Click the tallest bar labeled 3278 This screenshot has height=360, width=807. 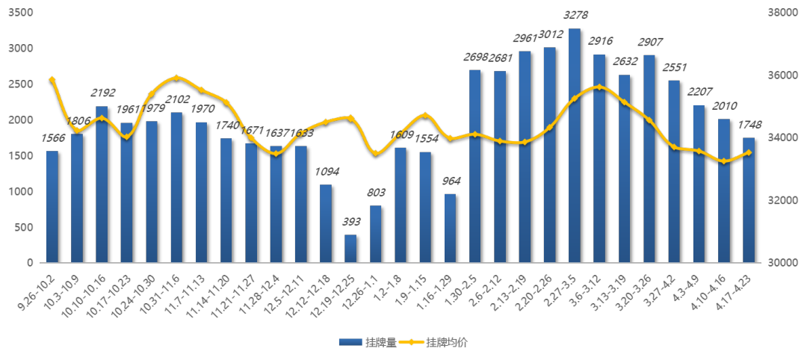coord(575,146)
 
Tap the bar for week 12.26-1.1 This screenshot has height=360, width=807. coord(375,234)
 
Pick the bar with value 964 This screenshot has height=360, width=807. coord(450,229)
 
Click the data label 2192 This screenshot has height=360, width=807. coord(102,93)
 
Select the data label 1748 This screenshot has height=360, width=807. coord(749,125)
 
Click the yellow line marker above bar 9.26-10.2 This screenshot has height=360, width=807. coord(52,79)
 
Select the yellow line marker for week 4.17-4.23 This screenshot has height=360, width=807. coord(749,152)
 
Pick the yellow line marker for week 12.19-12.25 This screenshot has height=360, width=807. coord(350,118)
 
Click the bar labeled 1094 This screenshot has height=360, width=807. coord(326,224)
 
